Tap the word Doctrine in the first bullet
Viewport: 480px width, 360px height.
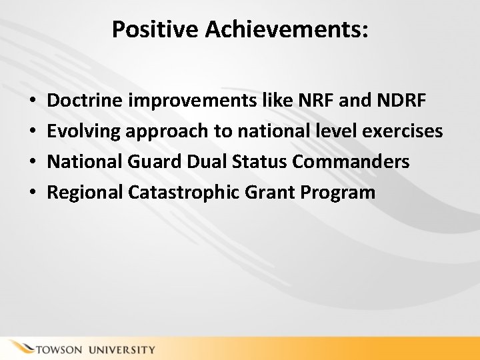(x=85, y=101)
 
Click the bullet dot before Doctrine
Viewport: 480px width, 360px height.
(x=33, y=102)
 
